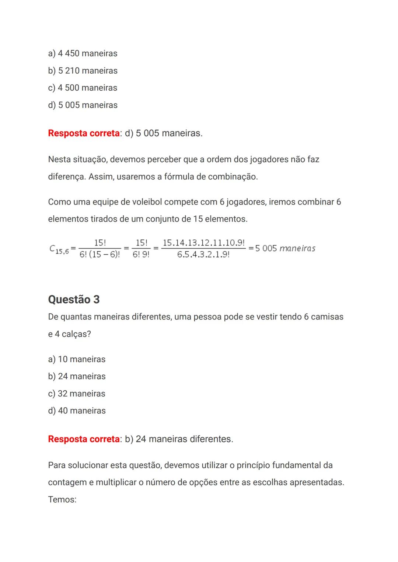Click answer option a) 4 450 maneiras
tap(83, 53)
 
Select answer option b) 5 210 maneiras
tap(83, 71)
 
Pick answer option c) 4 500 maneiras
tap(83, 88)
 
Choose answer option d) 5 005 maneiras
tap(83, 105)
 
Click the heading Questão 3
tap(74, 299)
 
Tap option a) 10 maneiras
tap(77, 359)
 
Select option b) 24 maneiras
tap(77, 376)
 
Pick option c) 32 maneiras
tap(77, 394)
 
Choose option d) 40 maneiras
tap(77, 411)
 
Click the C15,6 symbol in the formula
tap(59, 249)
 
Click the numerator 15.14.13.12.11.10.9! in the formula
tap(203, 243)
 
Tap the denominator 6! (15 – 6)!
tap(99, 255)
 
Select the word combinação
tap(233, 177)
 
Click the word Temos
tap(62, 500)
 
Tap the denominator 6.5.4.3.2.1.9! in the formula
tap(203, 255)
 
